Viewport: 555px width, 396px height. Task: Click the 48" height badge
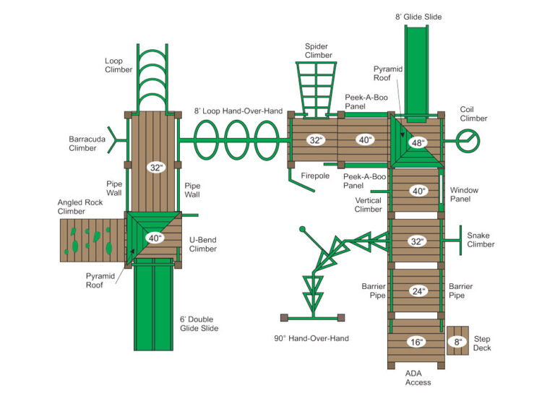[418, 143]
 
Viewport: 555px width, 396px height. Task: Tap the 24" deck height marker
[418, 290]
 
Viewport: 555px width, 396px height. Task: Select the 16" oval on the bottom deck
[417, 342]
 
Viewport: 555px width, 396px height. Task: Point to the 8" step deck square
[457, 341]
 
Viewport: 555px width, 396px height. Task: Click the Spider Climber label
[318, 51]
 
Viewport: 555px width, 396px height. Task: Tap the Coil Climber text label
[473, 114]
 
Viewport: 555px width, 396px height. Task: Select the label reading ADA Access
[418, 378]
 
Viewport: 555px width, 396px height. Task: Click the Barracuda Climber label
[82, 143]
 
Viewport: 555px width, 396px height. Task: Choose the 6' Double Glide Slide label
[199, 324]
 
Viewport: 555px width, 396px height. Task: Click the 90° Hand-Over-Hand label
[311, 338]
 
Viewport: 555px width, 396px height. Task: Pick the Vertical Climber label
[368, 205]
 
